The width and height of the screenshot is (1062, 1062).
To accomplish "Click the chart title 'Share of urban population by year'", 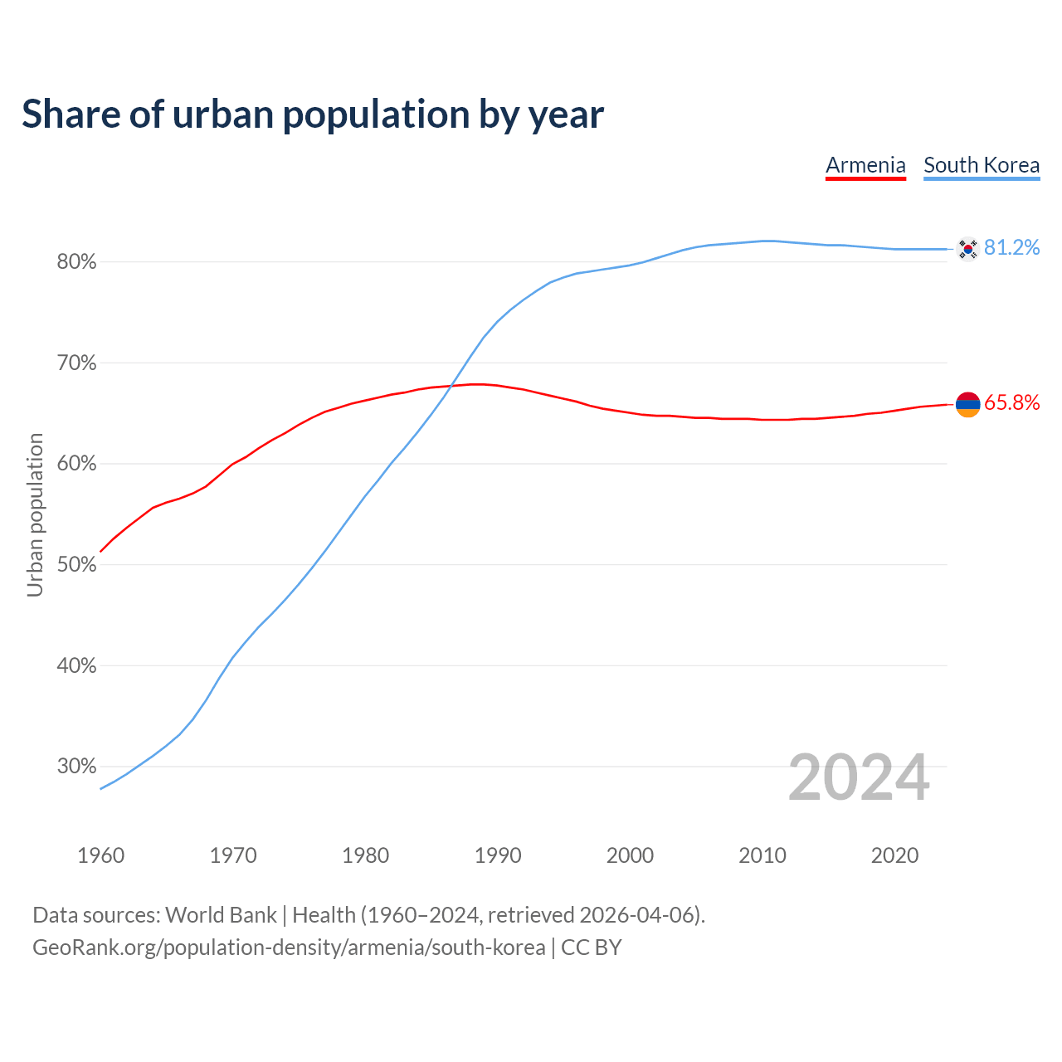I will [313, 114].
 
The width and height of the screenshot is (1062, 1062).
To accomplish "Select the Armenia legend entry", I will [865, 165].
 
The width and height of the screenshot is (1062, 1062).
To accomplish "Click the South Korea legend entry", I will [982, 165].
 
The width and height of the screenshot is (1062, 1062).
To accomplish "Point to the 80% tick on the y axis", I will [77, 262].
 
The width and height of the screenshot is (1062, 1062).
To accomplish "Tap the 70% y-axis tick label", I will [77, 363].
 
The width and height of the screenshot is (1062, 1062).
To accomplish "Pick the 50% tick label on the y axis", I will [77, 565].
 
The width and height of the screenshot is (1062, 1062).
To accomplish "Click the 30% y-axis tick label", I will [77, 767].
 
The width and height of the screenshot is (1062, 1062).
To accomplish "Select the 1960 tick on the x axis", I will [100, 855].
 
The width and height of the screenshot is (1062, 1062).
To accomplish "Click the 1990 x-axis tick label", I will [498, 855].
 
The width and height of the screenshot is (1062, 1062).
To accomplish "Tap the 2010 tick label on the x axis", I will [762, 855].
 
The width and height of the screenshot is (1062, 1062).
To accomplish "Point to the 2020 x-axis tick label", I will [894, 855].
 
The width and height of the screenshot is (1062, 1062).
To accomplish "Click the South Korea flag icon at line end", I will [967, 249].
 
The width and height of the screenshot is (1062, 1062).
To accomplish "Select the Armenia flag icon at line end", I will [967, 404].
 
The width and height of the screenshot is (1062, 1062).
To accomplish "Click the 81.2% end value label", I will [1012, 248].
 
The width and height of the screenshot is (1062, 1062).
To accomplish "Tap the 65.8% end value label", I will [1012, 403].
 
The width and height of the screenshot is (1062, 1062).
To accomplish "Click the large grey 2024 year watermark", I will [859, 778].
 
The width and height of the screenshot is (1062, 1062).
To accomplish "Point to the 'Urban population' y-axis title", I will [35, 514].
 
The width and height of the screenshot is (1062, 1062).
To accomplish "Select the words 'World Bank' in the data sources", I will [221, 915].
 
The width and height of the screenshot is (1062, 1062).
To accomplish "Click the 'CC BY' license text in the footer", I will [592, 948].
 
